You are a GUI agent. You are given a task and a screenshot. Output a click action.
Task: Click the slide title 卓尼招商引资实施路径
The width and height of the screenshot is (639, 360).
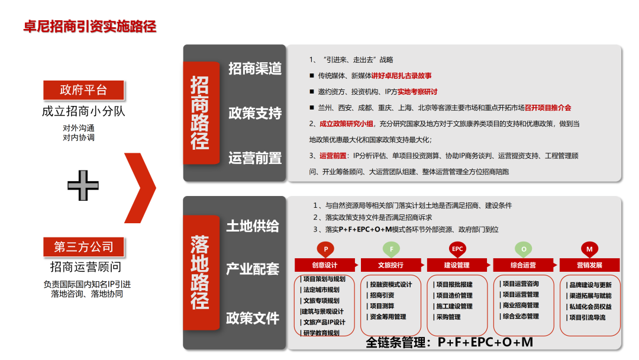(x=89, y=27)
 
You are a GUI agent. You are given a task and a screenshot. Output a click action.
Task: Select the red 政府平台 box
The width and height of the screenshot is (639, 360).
(x=83, y=90)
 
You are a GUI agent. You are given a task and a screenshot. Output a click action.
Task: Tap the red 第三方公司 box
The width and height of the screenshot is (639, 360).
(x=83, y=246)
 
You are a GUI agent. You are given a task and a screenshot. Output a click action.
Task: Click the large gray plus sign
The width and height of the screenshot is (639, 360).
(x=83, y=185)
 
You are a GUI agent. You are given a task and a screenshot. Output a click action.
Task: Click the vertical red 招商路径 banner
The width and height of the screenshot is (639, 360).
(x=199, y=112)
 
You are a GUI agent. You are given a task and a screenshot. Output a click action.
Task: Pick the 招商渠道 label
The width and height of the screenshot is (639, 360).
(x=255, y=68)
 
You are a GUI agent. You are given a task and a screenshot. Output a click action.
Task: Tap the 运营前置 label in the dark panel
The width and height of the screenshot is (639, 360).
(x=255, y=157)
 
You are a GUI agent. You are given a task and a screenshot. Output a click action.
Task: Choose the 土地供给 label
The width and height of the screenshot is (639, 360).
(x=253, y=226)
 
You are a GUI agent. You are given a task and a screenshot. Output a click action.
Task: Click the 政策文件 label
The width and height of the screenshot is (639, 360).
(x=253, y=318)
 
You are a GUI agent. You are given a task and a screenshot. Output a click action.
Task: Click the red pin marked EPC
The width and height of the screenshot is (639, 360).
(x=457, y=249)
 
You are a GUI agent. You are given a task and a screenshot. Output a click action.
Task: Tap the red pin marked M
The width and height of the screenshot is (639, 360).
(x=589, y=249)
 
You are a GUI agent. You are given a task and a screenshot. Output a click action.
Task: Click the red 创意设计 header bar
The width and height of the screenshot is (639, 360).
(x=325, y=265)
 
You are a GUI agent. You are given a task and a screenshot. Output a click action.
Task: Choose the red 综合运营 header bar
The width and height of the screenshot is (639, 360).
(x=523, y=265)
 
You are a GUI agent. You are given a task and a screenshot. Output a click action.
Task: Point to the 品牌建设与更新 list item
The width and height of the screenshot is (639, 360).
(x=590, y=284)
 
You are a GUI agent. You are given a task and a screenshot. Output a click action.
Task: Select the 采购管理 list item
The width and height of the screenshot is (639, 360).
(x=448, y=317)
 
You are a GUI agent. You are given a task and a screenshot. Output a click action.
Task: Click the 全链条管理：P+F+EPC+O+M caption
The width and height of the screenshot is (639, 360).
(x=449, y=342)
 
